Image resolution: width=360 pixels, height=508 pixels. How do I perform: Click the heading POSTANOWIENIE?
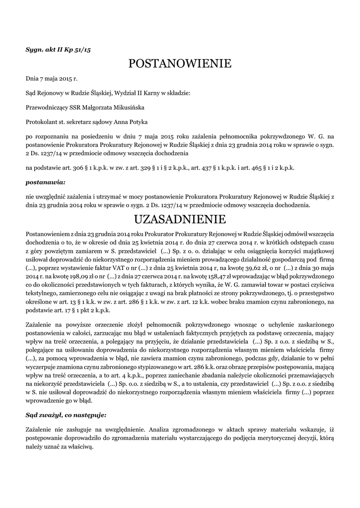(x=180, y=63)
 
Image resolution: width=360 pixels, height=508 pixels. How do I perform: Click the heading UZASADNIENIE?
(x=180, y=219)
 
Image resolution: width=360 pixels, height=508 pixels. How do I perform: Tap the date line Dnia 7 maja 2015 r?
(x=52, y=78)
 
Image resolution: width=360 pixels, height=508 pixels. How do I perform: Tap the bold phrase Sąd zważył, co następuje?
(x=66, y=413)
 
